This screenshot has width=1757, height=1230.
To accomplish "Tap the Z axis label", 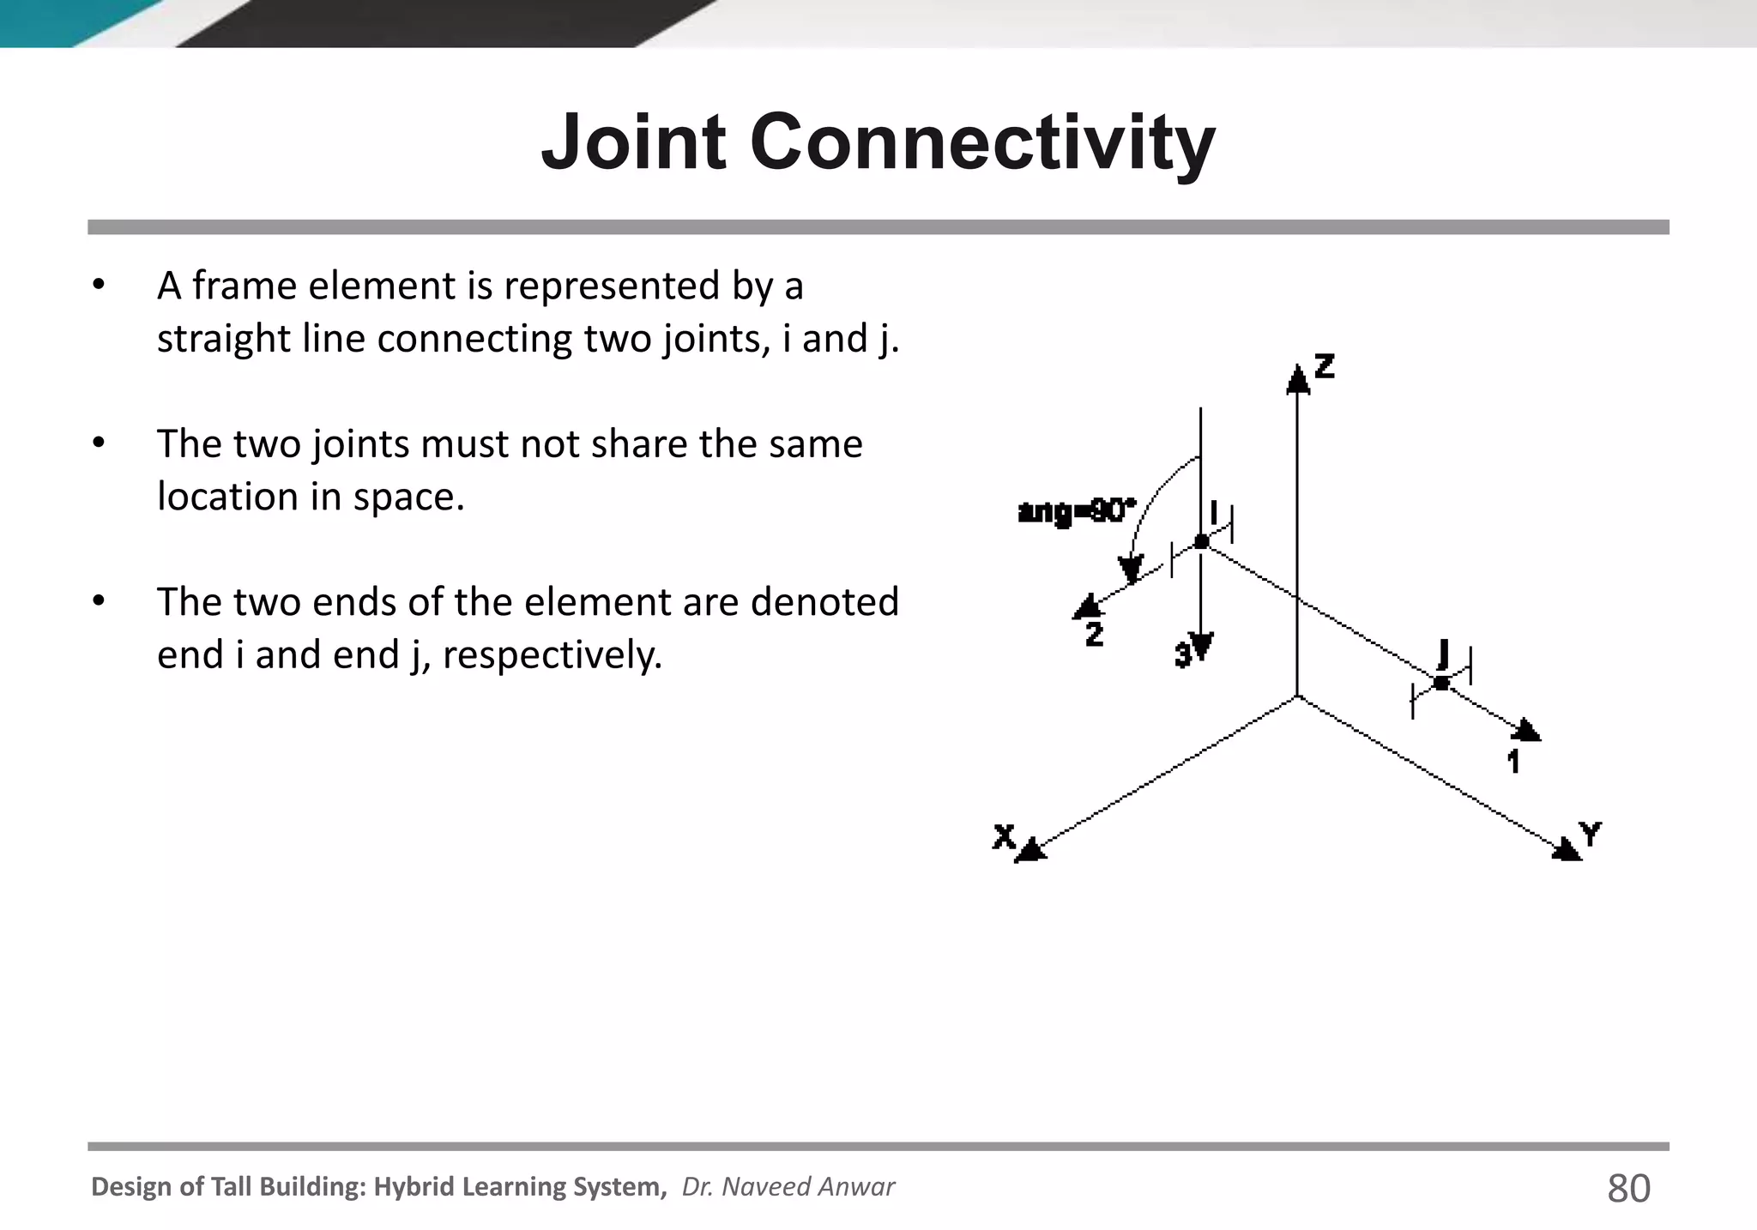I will (1325, 366).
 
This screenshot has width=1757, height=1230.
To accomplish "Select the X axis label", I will (1004, 835).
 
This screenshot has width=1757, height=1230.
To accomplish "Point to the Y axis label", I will (1590, 833).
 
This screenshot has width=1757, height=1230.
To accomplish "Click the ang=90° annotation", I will (1076, 512).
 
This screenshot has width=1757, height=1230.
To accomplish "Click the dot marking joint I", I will (1201, 541).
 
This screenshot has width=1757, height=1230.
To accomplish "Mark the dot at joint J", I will (1441, 683).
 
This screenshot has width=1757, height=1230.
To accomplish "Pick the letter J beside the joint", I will (1443, 654).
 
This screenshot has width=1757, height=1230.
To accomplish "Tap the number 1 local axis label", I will (1514, 761).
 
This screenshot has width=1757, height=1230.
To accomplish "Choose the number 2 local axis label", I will (1094, 635).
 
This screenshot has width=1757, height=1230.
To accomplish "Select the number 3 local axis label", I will (1183, 656).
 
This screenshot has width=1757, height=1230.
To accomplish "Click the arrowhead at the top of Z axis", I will (1298, 378).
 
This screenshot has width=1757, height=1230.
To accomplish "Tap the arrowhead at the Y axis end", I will (1567, 849).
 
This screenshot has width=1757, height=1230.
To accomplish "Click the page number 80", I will (1627, 1189).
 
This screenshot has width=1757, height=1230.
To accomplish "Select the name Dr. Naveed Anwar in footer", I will (788, 1186).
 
